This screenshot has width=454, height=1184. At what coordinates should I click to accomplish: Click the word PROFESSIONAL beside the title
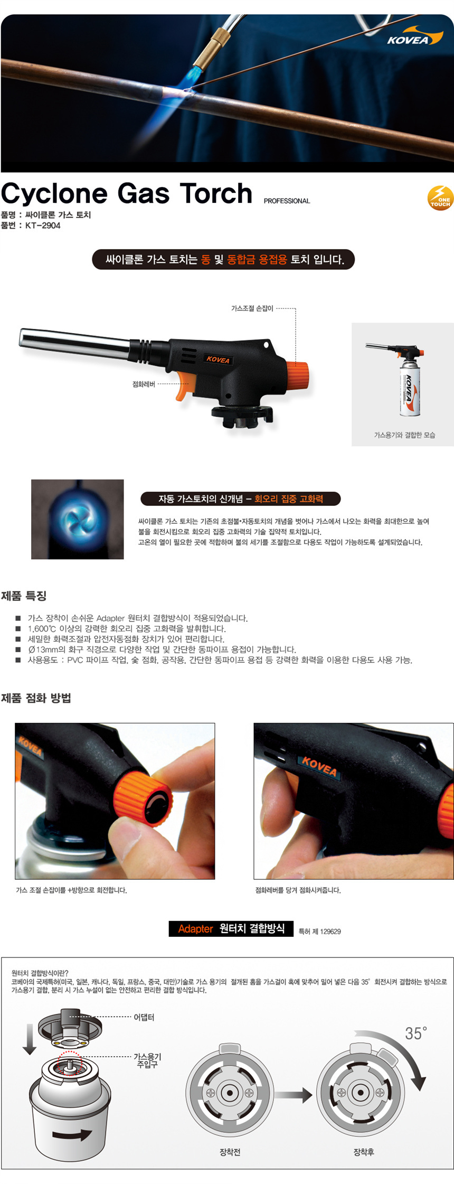tap(287, 201)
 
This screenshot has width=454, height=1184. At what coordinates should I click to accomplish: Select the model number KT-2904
tap(43, 225)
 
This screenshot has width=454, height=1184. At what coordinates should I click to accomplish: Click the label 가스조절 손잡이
tap(252, 308)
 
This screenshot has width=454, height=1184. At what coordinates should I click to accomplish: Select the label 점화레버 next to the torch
tap(144, 384)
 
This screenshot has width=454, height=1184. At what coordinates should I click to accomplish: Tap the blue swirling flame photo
tap(78, 519)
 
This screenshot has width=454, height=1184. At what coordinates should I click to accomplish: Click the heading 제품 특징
tap(24, 596)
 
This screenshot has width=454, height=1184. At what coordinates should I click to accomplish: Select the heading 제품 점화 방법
tap(36, 698)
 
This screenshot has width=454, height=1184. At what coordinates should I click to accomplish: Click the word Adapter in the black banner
tap(195, 929)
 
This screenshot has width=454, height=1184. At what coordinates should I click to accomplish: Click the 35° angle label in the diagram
tap(416, 1033)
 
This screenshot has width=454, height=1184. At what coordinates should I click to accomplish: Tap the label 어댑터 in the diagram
tap(144, 1017)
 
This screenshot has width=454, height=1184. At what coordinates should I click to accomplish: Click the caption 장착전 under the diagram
tap(230, 1152)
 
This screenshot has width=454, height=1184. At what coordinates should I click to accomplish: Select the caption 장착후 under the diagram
tap(364, 1152)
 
